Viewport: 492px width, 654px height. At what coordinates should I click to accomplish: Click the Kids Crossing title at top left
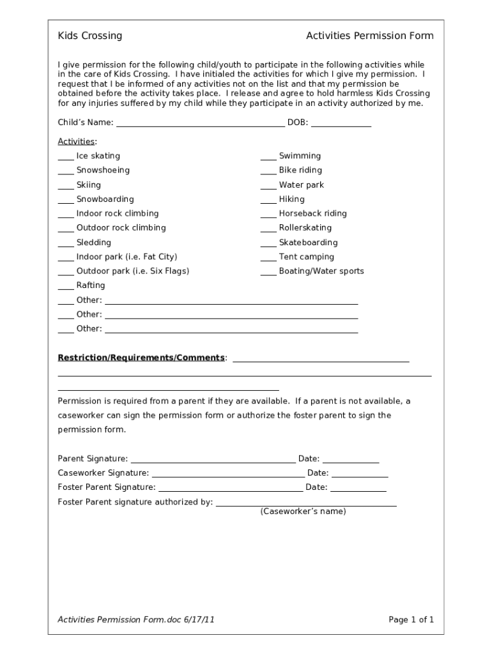pyautogui.click(x=89, y=36)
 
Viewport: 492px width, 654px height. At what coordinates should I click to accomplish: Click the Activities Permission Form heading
pyautogui.click(x=369, y=36)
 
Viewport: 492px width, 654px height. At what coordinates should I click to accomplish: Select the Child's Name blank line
pyautogui.click(x=200, y=123)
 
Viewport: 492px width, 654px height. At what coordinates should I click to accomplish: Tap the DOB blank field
pyautogui.click(x=341, y=123)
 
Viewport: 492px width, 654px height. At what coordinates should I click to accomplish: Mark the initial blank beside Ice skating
pyautogui.click(x=66, y=157)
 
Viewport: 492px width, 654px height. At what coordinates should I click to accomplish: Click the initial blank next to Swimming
pyautogui.click(x=268, y=157)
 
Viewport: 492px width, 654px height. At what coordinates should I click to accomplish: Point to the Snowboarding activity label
pyautogui.click(x=105, y=199)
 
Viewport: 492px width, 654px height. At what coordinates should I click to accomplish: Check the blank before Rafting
pyautogui.click(x=66, y=287)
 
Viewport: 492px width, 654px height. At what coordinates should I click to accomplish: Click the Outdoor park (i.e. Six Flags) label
pyautogui.click(x=132, y=271)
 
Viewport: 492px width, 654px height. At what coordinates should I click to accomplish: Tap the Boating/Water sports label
pyautogui.click(x=321, y=271)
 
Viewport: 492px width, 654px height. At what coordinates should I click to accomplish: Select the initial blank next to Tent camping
pyautogui.click(x=268, y=258)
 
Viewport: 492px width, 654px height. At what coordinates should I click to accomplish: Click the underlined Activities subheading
pyautogui.click(x=76, y=141)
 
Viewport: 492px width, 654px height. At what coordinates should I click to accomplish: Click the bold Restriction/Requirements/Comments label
pyautogui.click(x=141, y=358)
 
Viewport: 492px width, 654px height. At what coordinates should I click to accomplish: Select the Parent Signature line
pyautogui.click(x=212, y=459)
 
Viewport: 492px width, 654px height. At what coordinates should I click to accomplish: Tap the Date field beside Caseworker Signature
pyautogui.click(x=359, y=474)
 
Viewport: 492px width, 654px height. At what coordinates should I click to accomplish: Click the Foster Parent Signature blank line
pyautogui.click(x=230, y=488)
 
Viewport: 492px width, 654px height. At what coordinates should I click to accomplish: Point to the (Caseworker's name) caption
pyautogui.click(x=303, y=512)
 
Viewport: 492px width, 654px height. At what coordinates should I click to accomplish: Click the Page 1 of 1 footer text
pyautogui.click(x=411, y=620)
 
